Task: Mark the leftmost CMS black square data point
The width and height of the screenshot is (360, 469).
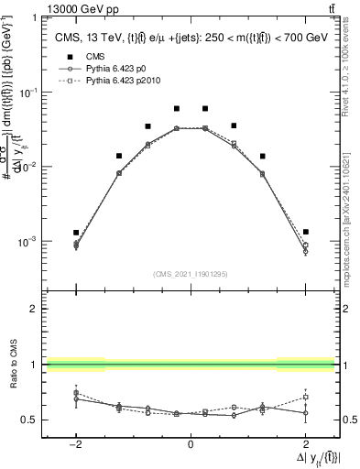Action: tap(76, 233)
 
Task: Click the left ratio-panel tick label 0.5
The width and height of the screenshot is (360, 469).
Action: tap(31, 420)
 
